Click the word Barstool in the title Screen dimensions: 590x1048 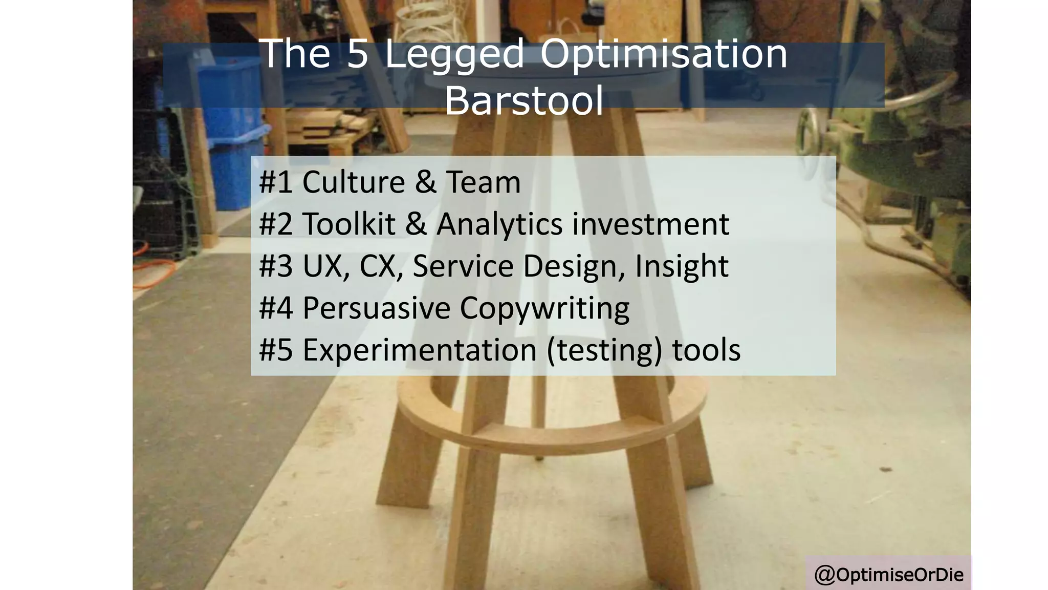pos(523,100)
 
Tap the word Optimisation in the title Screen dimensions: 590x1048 pos(664,53)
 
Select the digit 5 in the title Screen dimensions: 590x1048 pos(358,53)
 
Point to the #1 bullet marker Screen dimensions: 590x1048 pos(275,182)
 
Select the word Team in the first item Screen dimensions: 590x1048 pos(483,182)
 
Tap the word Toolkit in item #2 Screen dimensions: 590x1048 pos(349,224)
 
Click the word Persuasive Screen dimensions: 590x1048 pos(376,308)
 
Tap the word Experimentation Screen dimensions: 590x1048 pos(420,350)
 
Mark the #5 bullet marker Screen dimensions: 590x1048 pos(275,350)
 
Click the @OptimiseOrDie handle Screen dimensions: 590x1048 pos(888,575)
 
